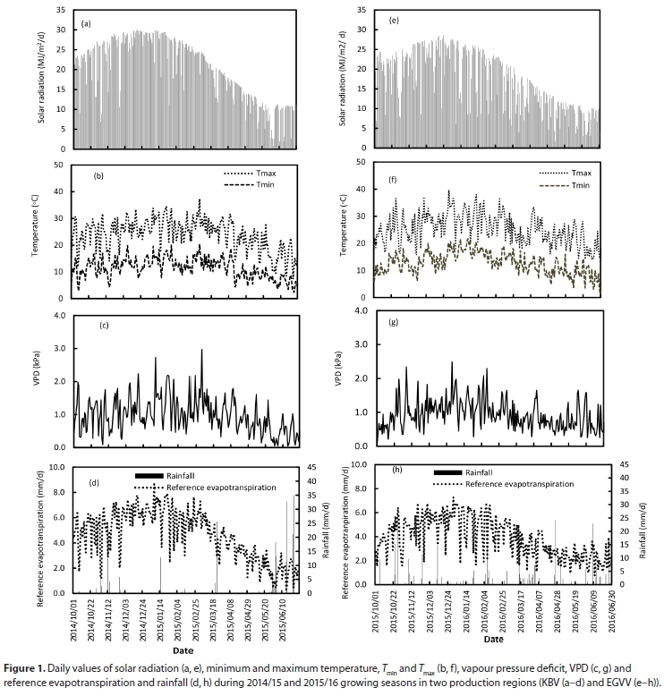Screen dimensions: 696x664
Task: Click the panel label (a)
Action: pos(87,23)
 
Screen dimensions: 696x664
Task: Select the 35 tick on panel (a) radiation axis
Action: pos(57,10)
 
